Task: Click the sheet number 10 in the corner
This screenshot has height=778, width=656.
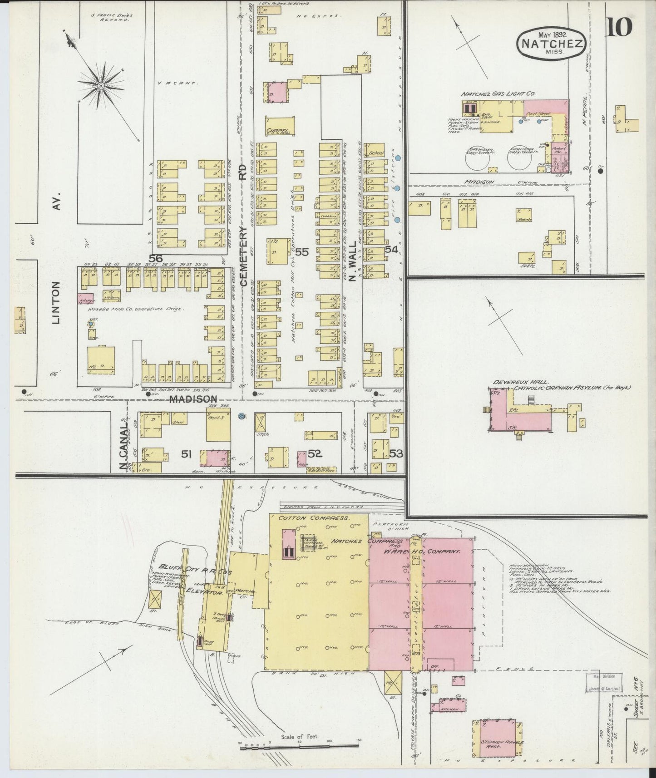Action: coord(618,28)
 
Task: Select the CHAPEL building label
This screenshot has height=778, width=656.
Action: coord(277,131)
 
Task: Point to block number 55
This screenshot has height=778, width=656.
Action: coord(302,251)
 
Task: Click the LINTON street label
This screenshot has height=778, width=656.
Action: coord(56,303)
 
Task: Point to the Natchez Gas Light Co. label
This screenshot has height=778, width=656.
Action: coord(498,94)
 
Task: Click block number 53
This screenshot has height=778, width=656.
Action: coord(396,453)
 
